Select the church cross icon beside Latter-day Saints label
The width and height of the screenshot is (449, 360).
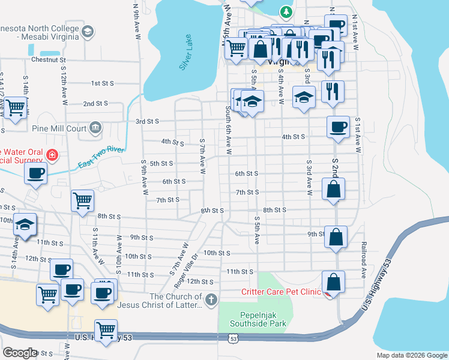tap(211, 299)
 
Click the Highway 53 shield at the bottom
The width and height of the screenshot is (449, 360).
tap(232, 339)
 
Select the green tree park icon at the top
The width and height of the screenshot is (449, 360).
tap(287, 11)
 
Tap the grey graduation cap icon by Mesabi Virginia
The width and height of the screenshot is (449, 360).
tap(87, 31)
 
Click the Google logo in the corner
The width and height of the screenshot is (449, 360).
tap(20, 352)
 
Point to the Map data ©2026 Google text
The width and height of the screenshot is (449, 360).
tap(411, 355)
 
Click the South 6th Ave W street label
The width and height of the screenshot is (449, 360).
tap(229, 131)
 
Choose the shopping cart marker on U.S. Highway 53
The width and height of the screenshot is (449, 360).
tap(106, 329)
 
